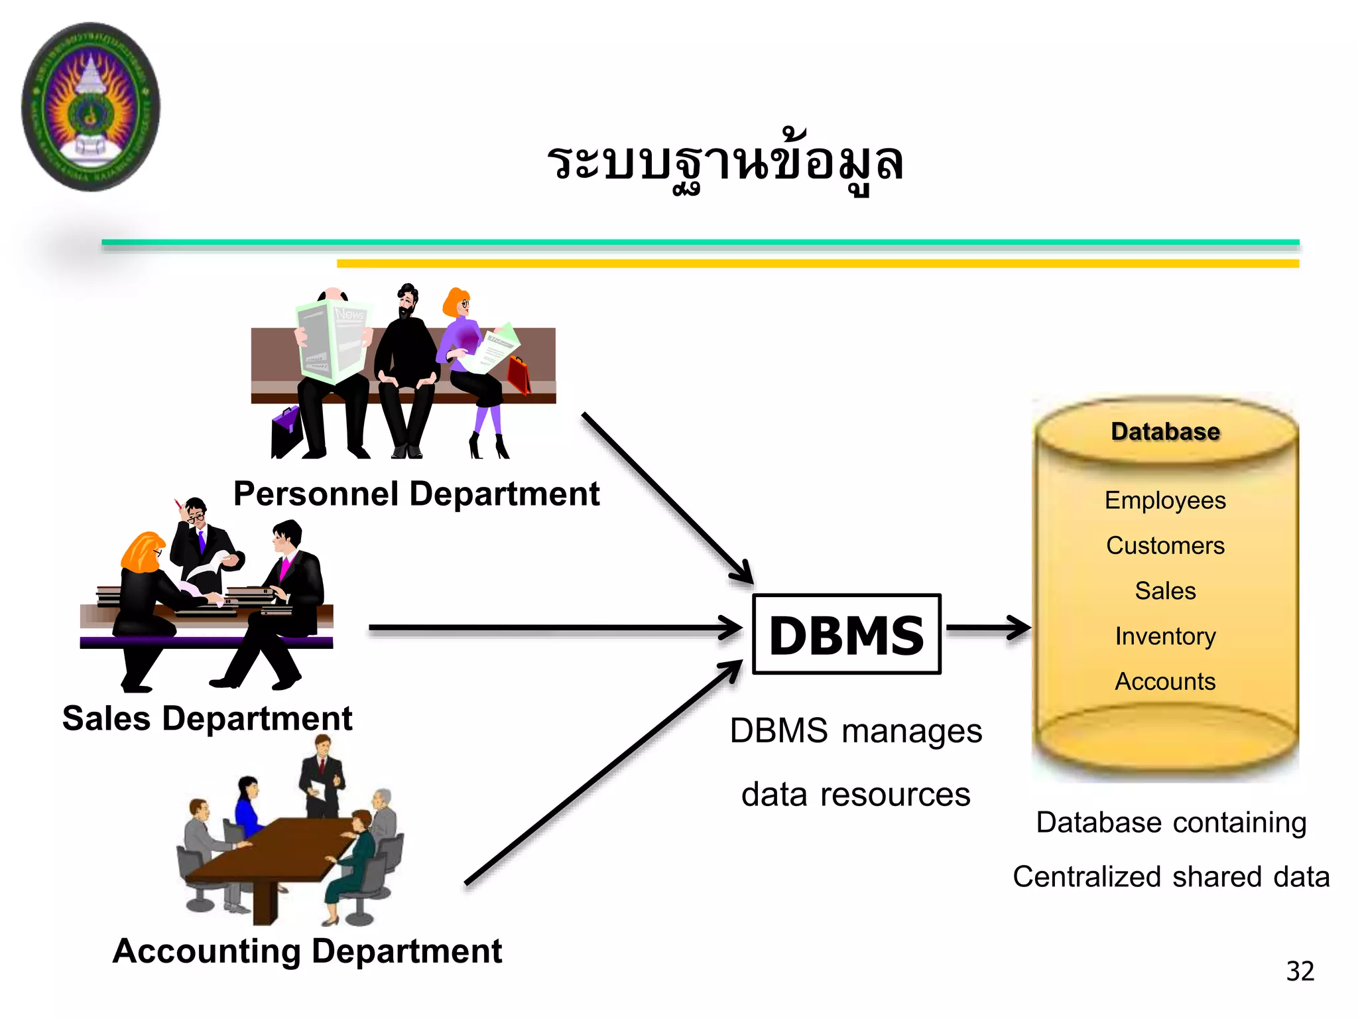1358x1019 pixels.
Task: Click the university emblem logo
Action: (91, 106)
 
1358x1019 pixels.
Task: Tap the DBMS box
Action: (847, 634)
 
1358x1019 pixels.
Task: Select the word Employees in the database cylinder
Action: (1165, 500)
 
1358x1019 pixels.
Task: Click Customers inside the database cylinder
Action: (1165, 545)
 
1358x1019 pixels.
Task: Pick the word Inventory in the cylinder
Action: (1165, 636)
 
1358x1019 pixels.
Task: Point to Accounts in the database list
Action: (1165, 681)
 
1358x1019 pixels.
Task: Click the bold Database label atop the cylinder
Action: (1165, 431)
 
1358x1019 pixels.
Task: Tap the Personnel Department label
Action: (416, 494)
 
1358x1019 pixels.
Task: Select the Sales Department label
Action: (207, 718)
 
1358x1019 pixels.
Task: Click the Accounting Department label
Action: (307, 951)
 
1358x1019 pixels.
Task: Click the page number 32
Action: (1300, 971)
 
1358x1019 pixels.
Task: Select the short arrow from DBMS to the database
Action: (988, 627)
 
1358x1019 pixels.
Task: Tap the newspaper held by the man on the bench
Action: (332, 342)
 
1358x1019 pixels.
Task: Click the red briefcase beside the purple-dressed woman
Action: (519, 375)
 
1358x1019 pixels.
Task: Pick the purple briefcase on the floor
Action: (286, 431)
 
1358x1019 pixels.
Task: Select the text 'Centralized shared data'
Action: (1171, 876)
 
